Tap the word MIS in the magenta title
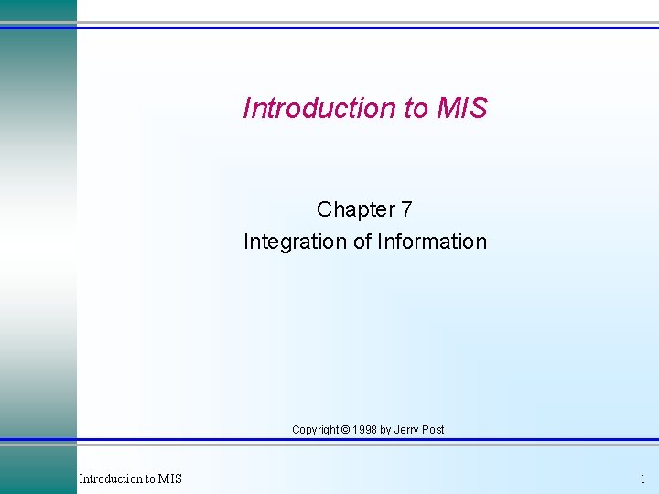tap(462, 108)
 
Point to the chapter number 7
tap(406, 209)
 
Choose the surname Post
tap(434, 429)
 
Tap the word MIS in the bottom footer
tap(170, 478)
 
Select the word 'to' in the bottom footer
tap(150, 478)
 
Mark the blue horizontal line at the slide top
tap(366, 27)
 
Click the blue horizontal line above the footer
tap(366, 442)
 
